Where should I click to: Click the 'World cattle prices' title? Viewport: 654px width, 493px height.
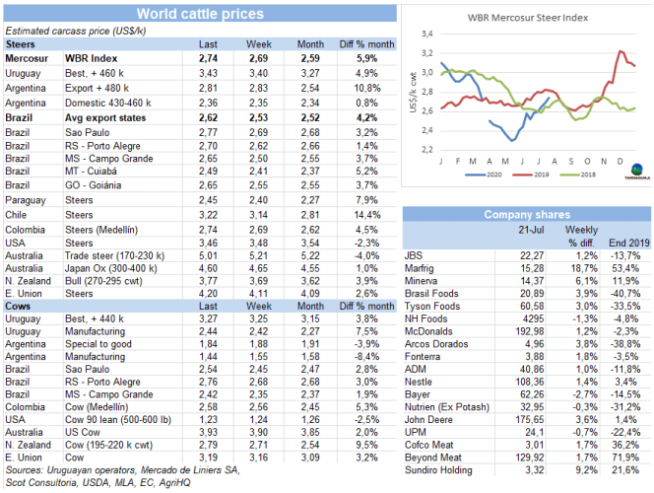pos(199,13)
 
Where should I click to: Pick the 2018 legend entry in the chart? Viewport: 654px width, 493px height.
pos(577,173)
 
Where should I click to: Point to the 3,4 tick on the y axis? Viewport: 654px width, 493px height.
pos(427,35)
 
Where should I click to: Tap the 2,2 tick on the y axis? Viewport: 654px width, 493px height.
pos(427,149)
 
